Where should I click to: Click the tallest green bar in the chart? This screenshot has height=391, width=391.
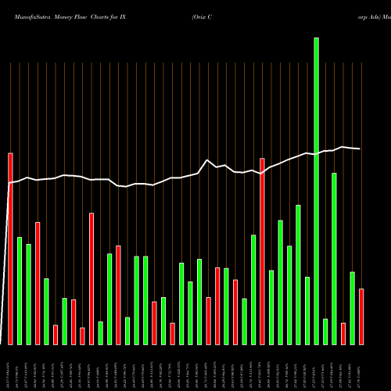click(316, 191)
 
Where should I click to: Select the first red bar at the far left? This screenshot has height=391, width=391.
click(10, 248)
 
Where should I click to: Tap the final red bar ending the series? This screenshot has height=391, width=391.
click(361, 316)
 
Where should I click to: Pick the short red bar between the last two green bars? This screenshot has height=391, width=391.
click(343, 333)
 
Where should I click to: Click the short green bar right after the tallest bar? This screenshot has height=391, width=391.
click(325, 331)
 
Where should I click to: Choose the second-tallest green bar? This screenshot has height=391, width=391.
click(334, 258)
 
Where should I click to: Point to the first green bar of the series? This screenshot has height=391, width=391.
click(20, 290)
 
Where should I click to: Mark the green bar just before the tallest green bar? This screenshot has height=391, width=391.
click(307, 310)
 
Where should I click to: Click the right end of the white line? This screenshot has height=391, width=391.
click(361, 149)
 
